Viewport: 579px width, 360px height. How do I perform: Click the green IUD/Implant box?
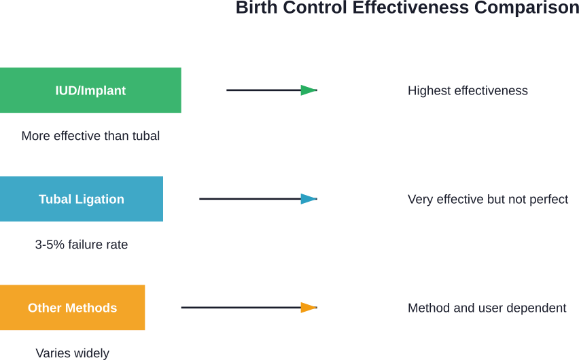point(90,90)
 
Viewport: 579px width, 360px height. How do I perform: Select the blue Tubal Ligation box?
point(82,199)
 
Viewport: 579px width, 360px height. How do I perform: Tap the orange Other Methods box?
point(73,308)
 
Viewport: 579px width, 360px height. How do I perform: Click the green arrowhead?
point(309,90)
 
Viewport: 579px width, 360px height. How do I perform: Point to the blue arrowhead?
point(309,199)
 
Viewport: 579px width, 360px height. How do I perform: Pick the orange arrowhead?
point(309,308)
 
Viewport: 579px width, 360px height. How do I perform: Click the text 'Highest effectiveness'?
point(468,91)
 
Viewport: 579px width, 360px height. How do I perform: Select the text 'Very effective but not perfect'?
point(488,200)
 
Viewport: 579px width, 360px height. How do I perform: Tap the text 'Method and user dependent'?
point(487,308)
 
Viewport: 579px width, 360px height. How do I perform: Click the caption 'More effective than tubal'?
point(90,136)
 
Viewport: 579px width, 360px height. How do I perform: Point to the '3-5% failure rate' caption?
point(82,245)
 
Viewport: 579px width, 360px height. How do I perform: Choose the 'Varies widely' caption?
point(73,353)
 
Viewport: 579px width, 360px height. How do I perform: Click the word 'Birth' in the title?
point(256,8)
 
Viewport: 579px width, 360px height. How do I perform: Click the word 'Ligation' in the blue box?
point(100,199)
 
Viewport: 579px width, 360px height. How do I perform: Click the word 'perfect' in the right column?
point(549,200)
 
